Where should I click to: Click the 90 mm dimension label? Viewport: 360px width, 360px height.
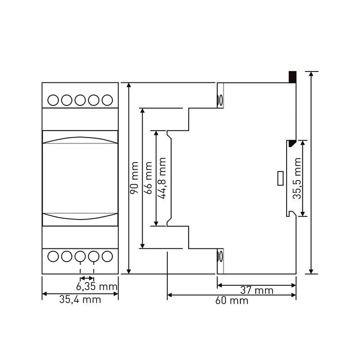pos(134,178)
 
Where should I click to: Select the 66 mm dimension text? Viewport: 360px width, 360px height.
pos(148,178)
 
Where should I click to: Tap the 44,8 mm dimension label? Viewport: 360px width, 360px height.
pos(162,178)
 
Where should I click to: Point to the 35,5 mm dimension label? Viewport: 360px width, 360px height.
pos(297,178)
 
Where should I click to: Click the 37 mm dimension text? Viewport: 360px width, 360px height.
pos(257,290)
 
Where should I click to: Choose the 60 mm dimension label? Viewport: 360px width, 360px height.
pos(232,300)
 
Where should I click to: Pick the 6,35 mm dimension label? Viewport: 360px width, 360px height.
pos(97,287)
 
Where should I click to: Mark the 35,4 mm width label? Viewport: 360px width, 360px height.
pos(80,299)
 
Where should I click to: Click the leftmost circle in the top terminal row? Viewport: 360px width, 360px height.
pos(53,100)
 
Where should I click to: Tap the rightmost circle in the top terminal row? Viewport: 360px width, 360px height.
pos(107,100)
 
